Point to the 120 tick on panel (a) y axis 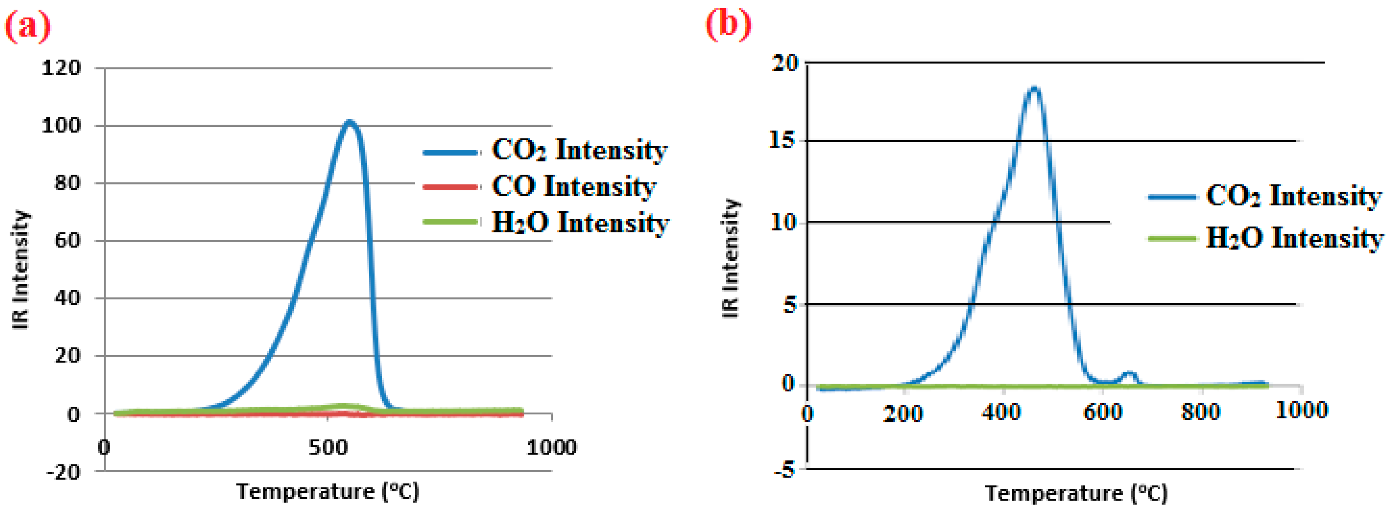tap(61, 68)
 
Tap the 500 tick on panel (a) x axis tap(328, 447)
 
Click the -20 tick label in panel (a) tap(63, 472)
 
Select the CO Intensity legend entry tap(573, 187)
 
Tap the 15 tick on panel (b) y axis tap(783, 140)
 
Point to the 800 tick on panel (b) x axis tap(1201, 413)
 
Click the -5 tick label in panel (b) tap(784, 470)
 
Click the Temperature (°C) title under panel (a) tap(327, 491)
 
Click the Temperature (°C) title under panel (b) tap(1076, 493)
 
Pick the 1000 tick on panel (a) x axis tap(551, 447)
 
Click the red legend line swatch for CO tap(451, 187)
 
